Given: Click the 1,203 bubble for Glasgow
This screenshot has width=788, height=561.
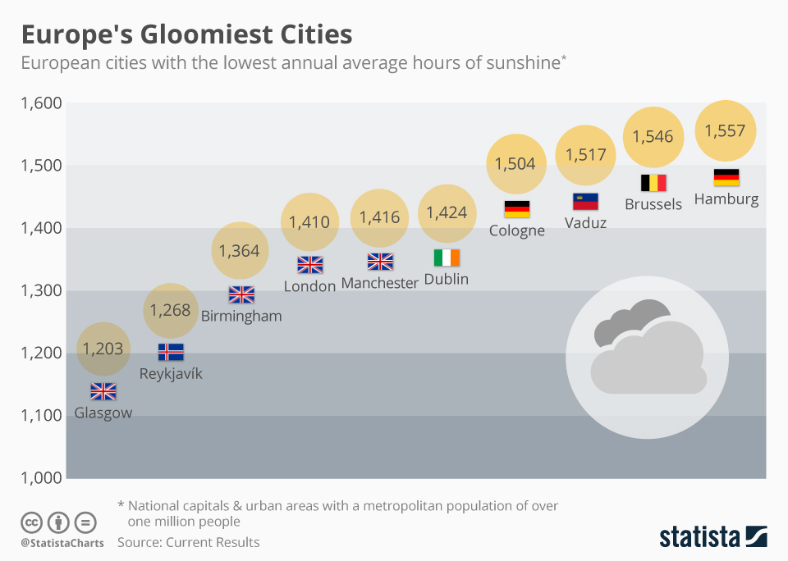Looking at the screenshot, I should (x=103, y=349).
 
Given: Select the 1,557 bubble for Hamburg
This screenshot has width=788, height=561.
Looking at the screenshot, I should (x=726, y=130).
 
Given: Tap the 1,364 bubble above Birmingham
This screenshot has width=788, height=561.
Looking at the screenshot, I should (x=240, y=251).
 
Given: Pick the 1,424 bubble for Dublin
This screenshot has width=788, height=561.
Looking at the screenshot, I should (x=447, y=213).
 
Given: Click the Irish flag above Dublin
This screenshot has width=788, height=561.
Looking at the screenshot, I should (x=447, y=258).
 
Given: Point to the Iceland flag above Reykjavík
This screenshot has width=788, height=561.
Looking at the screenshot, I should (x=171, y=353).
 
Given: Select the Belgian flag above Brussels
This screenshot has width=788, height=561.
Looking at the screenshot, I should (x=653, y=183).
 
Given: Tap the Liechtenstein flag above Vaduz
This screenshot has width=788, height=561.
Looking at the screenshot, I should (x=585, y=202).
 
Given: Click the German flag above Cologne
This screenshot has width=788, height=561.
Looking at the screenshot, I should (x=517, y=209).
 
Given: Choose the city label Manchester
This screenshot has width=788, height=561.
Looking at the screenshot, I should (x=379, y=283).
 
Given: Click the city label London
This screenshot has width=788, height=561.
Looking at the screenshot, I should (x=309, y=286).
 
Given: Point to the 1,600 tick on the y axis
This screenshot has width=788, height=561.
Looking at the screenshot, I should (x=41, y=103).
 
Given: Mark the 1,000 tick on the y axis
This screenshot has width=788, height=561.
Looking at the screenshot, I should (x=41, y=478).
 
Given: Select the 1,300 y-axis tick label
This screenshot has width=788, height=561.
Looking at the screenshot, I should (x=41, y=290).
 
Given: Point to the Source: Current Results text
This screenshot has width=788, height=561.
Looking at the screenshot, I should (x=188, y=542).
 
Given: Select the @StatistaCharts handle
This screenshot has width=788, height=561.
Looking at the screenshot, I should (x=62, y=543).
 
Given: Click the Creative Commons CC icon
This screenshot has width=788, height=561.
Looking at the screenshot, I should (x=32, y=522).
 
